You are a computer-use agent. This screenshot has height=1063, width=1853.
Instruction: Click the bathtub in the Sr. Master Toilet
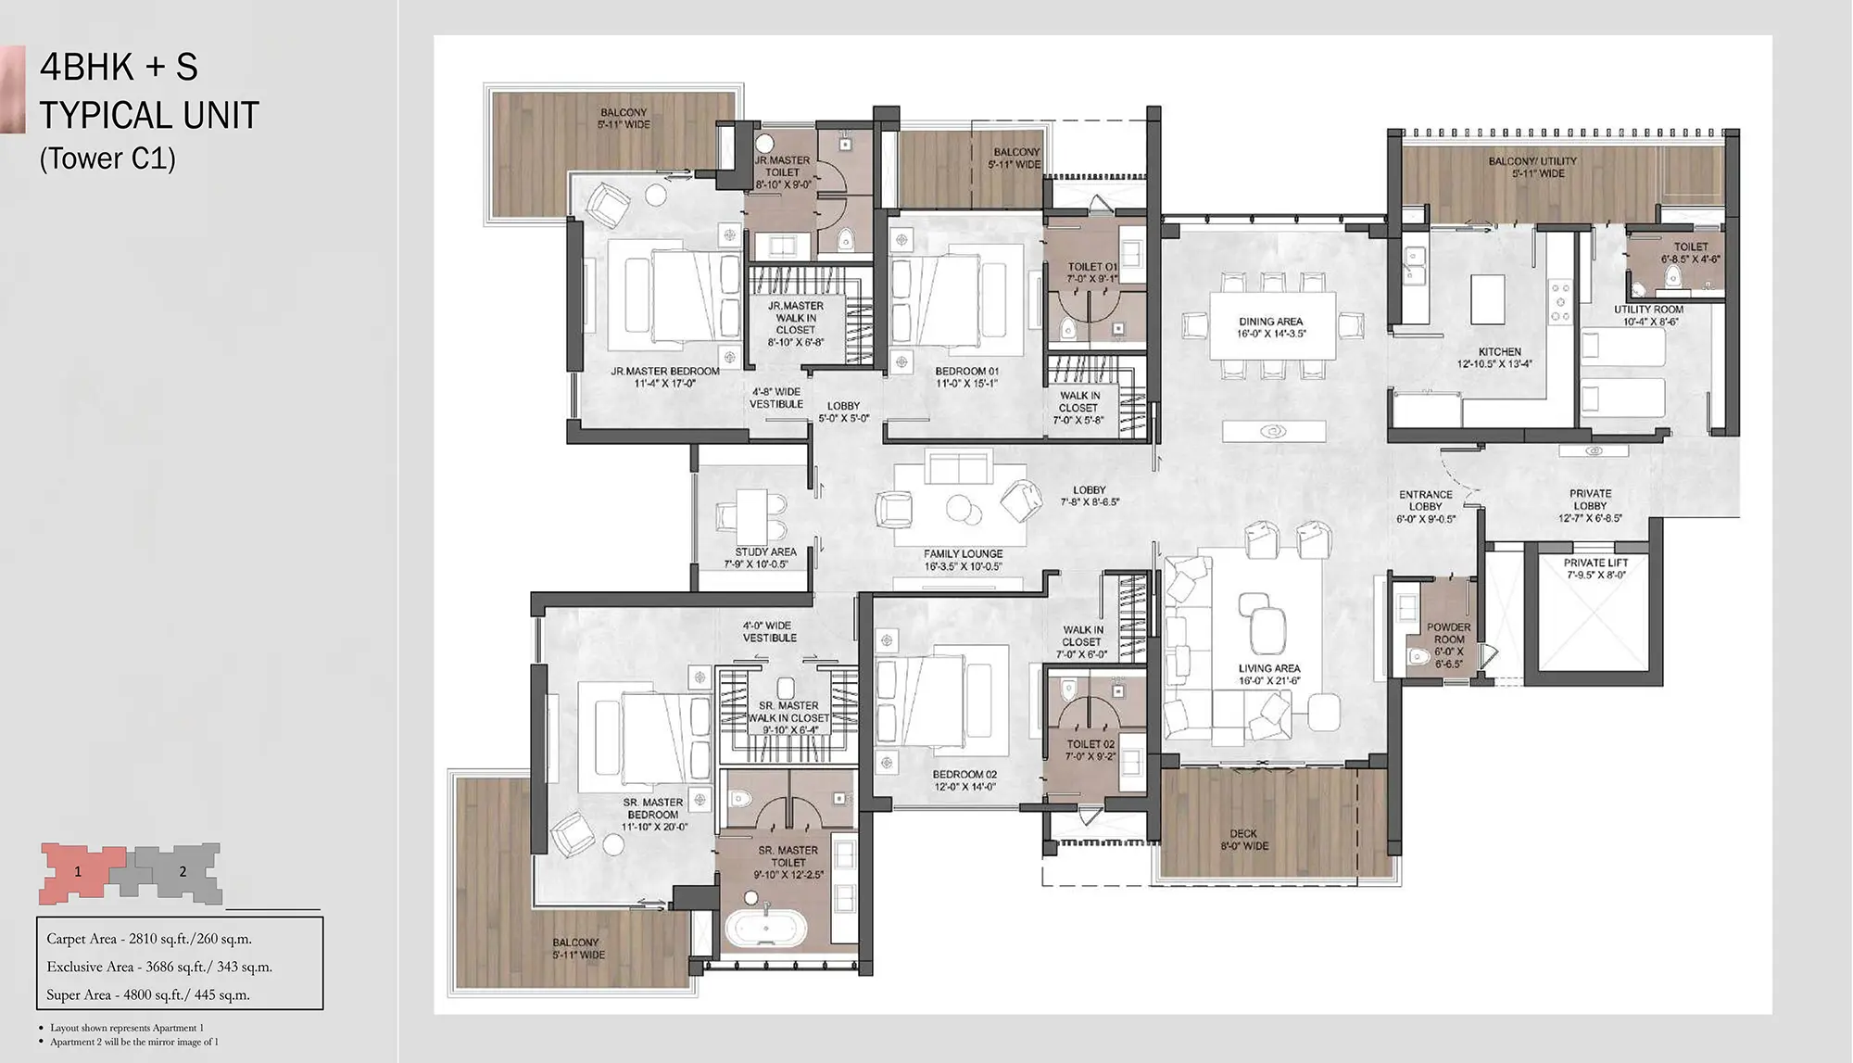(x=765, y=930)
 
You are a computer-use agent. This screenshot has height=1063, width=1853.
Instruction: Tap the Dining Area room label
(x=1271, y=327)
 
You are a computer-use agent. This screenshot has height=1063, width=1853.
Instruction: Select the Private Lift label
(x=1595, y=568)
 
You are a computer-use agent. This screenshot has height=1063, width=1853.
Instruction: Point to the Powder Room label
(x=1449, y=645)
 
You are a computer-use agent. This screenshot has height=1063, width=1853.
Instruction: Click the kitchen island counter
(x=1487, y=298)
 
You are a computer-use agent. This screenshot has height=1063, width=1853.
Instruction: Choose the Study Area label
(x=765, y=557)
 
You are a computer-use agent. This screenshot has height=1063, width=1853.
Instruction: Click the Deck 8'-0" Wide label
(x=1243, y=840)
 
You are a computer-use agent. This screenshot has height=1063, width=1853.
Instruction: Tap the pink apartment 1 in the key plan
(x=81, y=872)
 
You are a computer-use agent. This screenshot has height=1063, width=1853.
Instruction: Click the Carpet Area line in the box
(x=149, y=939)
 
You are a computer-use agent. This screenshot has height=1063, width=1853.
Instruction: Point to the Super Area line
(x=148, y=994)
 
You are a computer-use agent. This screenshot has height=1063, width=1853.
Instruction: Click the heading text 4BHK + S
(x=119, y=67)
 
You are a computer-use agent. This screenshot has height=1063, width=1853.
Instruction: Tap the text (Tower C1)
(x=107, y=158)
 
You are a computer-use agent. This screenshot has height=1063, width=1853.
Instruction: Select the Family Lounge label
(x=963, y=560)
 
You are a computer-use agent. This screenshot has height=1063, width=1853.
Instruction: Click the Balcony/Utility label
(x=1532, y=167)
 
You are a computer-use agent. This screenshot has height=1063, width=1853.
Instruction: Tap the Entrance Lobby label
(x=1425, y=507)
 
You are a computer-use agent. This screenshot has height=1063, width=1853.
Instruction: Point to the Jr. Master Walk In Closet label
(x=796, y=323)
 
